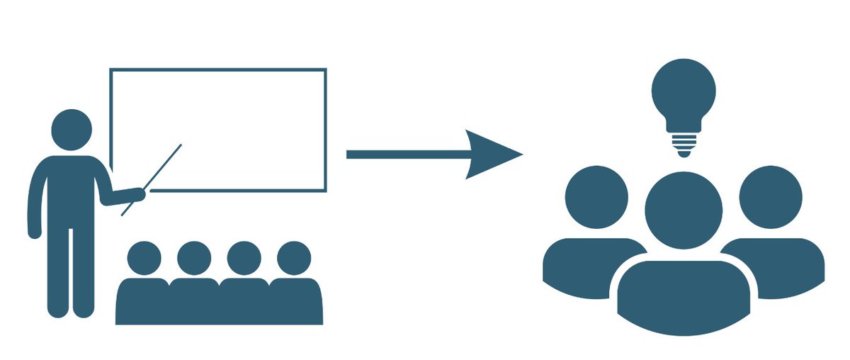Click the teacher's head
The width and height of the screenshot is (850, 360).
point(72,130)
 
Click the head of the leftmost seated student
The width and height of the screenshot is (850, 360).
point(144,258)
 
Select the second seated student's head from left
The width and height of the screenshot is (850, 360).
point(194,258)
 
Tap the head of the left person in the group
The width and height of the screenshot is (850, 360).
point(597,198)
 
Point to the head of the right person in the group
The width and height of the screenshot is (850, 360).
point(771,198)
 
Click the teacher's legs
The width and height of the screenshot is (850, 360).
point(71,276)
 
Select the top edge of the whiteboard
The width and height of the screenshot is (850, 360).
point(218,69)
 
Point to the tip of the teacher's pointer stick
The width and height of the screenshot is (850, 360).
point(181,145)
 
